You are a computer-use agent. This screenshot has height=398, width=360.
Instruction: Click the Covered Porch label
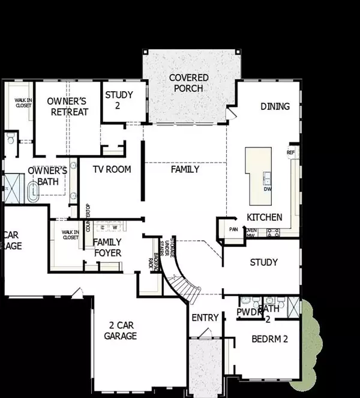188,83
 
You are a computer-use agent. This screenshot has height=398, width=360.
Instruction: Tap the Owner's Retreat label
68,106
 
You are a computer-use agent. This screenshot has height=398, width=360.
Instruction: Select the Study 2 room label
119,100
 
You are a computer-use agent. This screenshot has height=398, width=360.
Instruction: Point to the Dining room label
275,106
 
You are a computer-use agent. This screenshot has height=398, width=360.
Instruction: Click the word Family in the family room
185,169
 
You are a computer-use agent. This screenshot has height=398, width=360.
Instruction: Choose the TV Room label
112,169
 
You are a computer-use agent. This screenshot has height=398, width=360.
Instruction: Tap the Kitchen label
264,217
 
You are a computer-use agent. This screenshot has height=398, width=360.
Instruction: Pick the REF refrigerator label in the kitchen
292,152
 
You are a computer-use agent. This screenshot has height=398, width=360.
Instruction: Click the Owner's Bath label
43,175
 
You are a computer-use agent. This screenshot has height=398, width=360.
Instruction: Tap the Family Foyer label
107,247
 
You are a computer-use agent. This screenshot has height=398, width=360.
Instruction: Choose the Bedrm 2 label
270,339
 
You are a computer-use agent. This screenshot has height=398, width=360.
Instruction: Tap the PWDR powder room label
249,313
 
